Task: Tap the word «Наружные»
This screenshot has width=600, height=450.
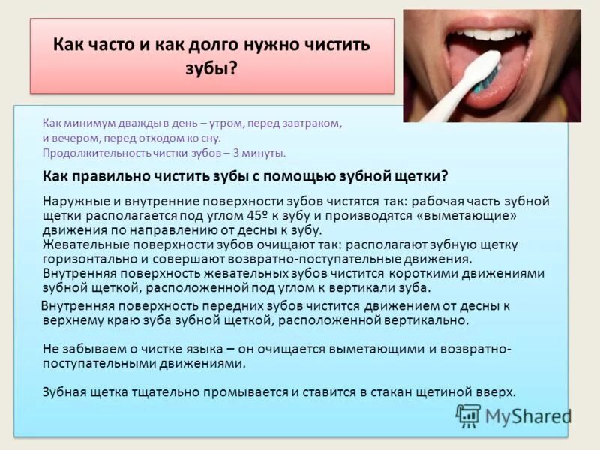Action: (73, 202)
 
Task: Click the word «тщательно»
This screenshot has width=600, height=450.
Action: (147, 391)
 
